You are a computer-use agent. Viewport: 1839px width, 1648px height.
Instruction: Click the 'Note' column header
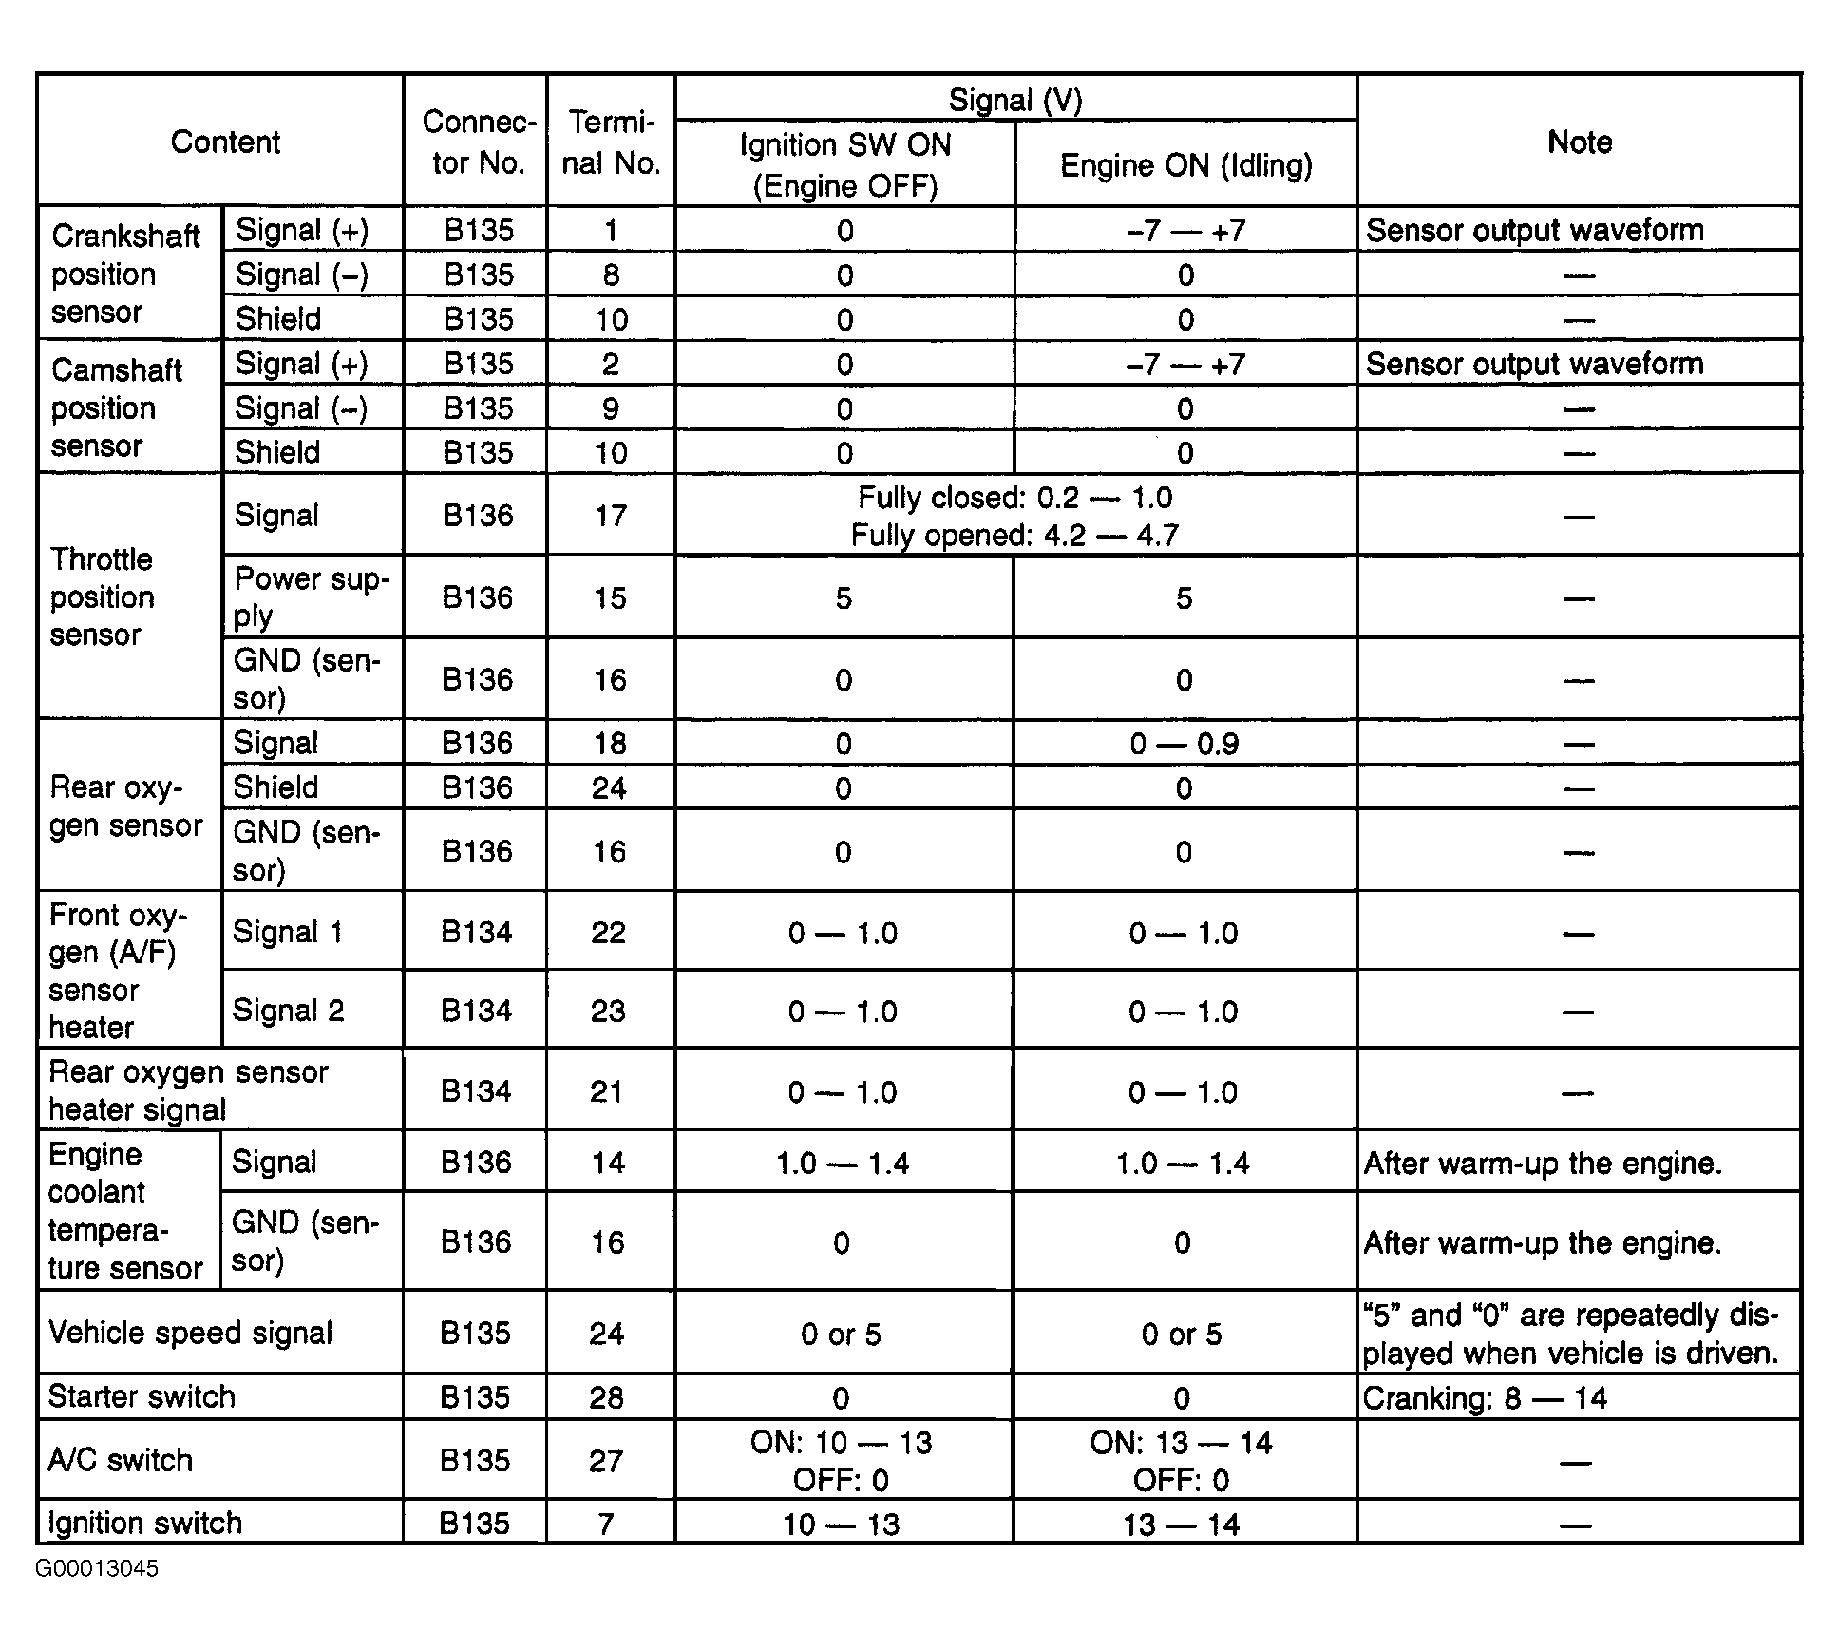click(1579, 142)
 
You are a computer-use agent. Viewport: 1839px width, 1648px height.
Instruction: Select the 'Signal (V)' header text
click(1015, 100)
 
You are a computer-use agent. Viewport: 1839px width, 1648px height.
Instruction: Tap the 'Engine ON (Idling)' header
click(1185, 165)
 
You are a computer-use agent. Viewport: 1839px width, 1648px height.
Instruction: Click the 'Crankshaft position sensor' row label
click(125, 274)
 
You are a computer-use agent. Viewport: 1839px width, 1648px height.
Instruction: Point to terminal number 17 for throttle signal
click(610, 516)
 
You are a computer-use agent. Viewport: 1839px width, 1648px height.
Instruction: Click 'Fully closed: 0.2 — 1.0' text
click(1014, 498)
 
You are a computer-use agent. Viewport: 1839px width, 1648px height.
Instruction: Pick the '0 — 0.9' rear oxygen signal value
click(1184, 744)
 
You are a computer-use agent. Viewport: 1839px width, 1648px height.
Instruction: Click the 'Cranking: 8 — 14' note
click(1484, 1398)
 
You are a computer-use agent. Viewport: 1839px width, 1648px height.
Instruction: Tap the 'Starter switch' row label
click(142, 1397)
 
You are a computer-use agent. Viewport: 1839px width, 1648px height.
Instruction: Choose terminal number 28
click(606, 1398)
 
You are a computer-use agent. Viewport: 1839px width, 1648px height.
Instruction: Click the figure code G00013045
click(97, 1568)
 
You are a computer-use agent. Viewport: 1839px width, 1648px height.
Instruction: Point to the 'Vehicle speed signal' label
click(190, 1333)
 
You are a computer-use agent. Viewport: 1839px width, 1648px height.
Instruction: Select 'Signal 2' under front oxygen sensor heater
click(288, 1011)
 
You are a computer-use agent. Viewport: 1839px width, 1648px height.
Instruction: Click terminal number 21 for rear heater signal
click(606, 1091)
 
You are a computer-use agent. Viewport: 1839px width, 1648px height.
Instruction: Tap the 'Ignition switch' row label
click(145, 1524)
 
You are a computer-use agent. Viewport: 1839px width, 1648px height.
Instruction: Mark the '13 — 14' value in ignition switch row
click(1182, 1525)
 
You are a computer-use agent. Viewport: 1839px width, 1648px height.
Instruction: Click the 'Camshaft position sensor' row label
click(116, 407)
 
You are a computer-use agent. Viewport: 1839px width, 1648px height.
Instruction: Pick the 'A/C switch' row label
click(120, 1460)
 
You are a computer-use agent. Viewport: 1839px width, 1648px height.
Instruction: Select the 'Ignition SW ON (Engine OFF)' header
click(844, 165)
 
